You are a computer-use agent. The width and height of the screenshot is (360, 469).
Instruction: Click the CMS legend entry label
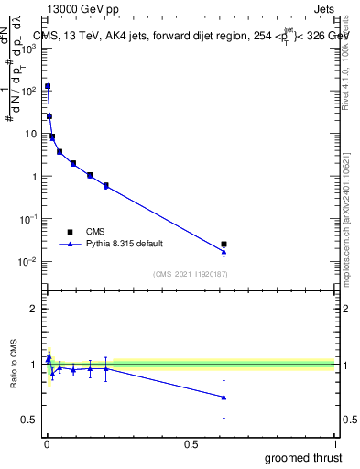[95, 232]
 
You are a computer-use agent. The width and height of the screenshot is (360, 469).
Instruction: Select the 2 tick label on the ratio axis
[38, 309]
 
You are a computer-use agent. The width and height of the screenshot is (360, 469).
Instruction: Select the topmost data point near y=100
[48, 86]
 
